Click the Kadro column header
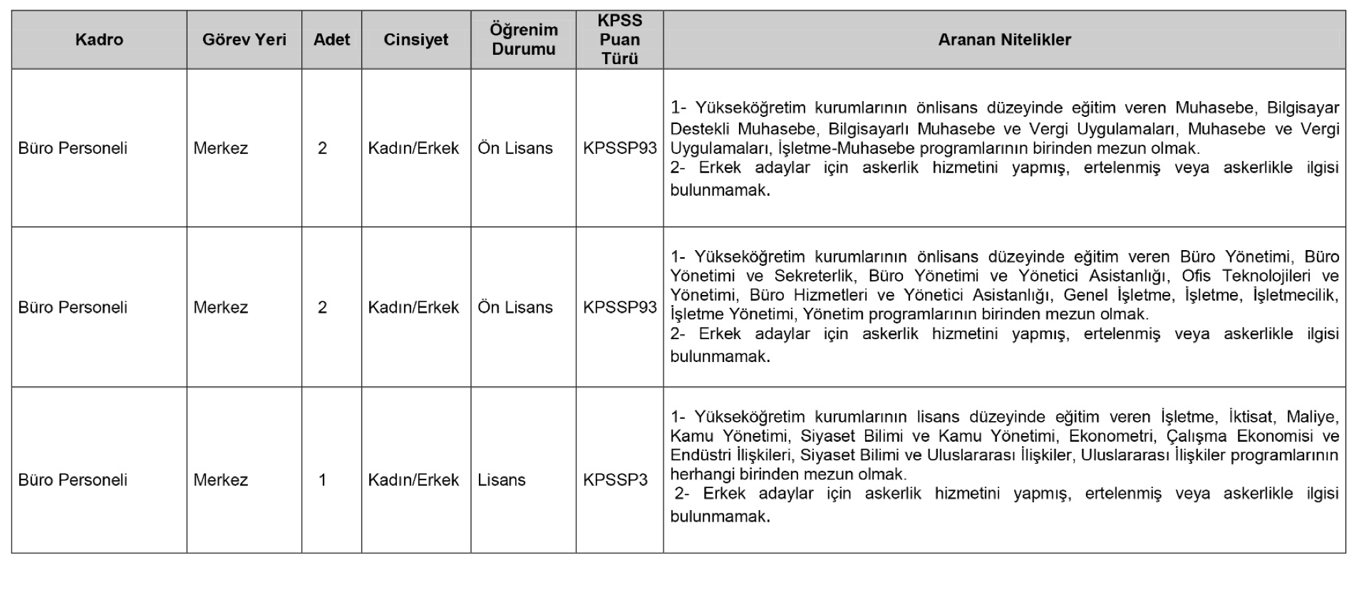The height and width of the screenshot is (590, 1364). pyautogui.click(x=99, y=40)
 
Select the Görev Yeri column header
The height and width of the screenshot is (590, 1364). pyautogui.click(x=244, y=40)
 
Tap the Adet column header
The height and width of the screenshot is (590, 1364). pyautogui.click(x=331, y=40)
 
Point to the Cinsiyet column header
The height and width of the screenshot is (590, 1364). pyautogui.click(x=415, y=40)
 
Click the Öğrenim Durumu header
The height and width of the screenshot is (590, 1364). pyautogui.click(x=523, y=40)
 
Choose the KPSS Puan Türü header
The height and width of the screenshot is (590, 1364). pyautogui.click(x=619, y=40)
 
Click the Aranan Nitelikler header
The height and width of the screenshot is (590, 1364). pyautogui.click(x=1004, y=40)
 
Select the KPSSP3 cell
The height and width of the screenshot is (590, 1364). pyautogui.click(x=615, y=480)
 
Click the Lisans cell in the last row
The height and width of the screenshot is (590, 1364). pyautogui.click(x=501, y=480)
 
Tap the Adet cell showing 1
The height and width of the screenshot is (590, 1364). pyautogui.click(x=322, y=480)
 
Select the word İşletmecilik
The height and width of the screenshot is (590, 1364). pyautogui.click(x=1295, y=295)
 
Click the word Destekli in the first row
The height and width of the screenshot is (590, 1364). pyautogui.click(x=700, y=129)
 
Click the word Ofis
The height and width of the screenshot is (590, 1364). pyautogui.click(x=1196, y=276)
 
